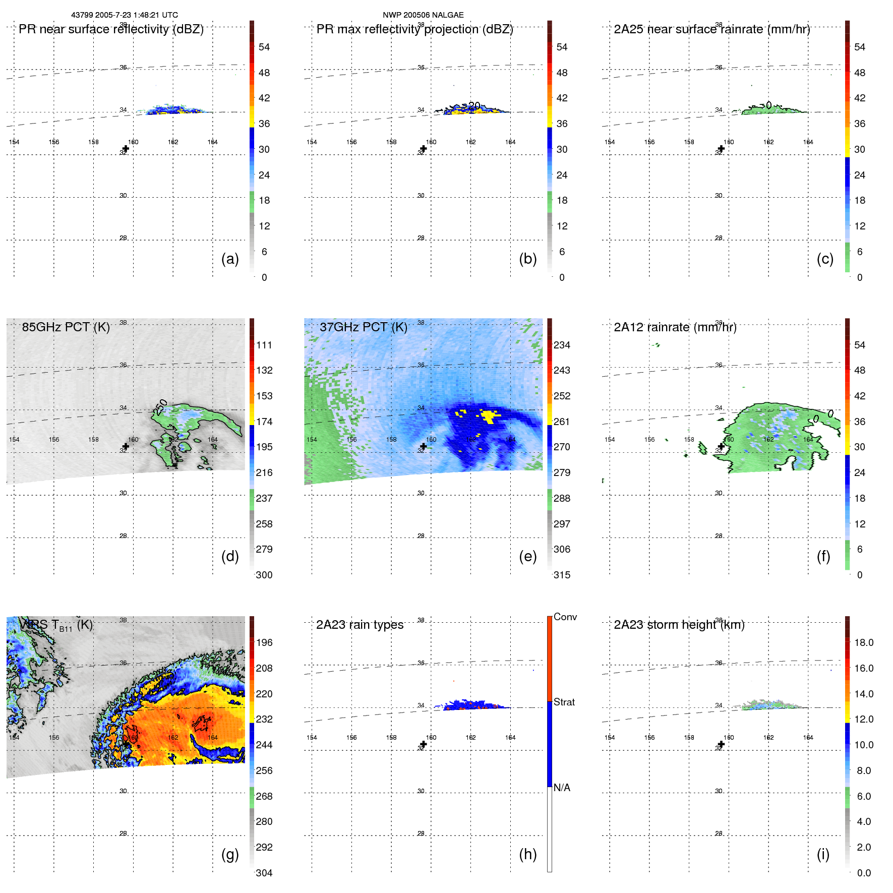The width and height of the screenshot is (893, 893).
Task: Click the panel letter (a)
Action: [x=230, y=259]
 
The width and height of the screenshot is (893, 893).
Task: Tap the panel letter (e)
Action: [x=527, y=556]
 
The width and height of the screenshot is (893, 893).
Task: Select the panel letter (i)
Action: [x=823, y=854]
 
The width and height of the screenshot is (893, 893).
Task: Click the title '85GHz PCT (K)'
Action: [x=66, y=327]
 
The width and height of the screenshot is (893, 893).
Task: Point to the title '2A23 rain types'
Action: [x=360, y=625]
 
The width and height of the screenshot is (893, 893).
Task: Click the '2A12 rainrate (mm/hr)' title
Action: [x=675, y=327]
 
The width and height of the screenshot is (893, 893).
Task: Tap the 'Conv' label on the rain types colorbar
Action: [x=565, y=617]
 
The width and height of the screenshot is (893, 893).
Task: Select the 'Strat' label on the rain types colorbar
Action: [x=564, y=702]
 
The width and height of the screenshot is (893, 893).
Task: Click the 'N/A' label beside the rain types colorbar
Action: [x=562, y=788]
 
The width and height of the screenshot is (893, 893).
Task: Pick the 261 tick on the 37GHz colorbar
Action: [x=562, y=422]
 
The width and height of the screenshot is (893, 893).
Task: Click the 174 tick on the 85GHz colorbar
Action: [x=264, y=422]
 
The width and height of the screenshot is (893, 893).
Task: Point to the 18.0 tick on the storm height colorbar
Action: [x=864, y=642]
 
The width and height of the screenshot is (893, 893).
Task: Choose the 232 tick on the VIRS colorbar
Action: [x=264, y=719]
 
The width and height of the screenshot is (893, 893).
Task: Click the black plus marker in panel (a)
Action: [x=126, y=149]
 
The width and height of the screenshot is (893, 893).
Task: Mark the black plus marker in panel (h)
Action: [x=424, y=744]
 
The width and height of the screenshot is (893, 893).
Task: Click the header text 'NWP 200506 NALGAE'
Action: [x=423, y=15]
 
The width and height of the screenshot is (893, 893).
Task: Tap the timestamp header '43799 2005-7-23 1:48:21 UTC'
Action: [x=125, y=15]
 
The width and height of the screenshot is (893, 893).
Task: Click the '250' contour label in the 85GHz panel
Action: [x=161, y=406]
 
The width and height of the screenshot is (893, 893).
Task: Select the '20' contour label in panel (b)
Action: [x=474, y=106]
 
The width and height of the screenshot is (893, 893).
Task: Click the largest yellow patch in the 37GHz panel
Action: [x=488, y=416]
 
